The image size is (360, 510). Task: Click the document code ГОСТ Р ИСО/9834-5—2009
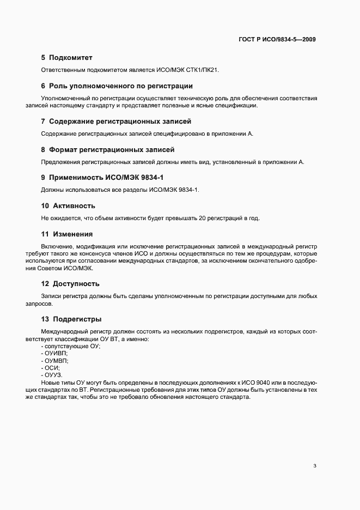pyautogui.click(x=277, y=39)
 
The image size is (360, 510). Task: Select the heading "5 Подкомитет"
pyautogui.click(x=66, y=58)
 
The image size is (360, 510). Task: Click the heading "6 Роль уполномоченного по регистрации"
pyautogui.click(x=117, y=86)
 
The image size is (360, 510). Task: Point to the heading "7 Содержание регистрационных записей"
pyautogui.click(x=116, y=121)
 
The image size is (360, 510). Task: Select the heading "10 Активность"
pyautogui.click(x=68, y=206)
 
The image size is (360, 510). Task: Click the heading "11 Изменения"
pyautogui.click(x=66, y=234)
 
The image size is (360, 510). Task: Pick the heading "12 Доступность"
pyautogui.click(x=70, y=284)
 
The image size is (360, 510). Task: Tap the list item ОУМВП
pyautogui.click(x=55, y=361)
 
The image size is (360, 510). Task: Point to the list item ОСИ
pyautogui.click(x=51, y=368)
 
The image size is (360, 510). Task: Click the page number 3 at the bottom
pyautogui.click(x=315, y=466)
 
